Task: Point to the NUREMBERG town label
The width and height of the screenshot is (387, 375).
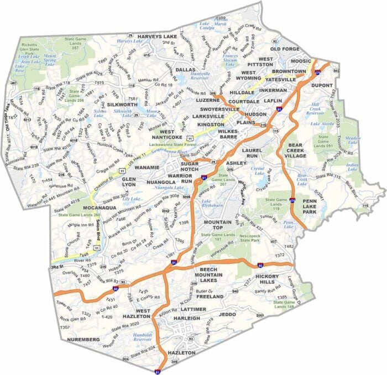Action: [83, 338]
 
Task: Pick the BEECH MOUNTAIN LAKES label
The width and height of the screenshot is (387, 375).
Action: [207, 275]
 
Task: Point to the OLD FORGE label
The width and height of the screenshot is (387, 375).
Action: [285, 49]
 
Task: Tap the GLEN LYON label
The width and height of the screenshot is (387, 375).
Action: [128, 183]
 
